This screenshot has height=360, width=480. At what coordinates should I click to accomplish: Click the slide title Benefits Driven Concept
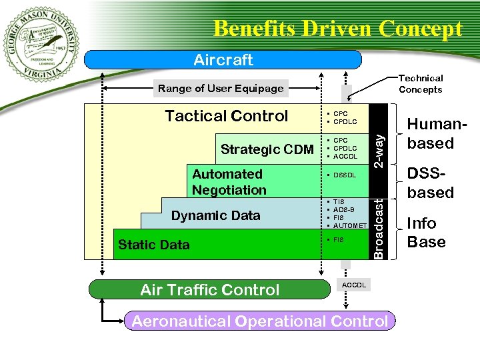point(337,29)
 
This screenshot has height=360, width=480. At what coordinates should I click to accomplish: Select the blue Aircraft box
point(223,60)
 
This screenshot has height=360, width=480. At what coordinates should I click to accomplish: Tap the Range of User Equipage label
point(221,88)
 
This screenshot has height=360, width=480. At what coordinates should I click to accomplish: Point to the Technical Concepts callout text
point(420,84)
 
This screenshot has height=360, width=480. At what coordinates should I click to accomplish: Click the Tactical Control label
point(226,116)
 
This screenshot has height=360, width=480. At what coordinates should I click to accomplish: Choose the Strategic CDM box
point(267,149)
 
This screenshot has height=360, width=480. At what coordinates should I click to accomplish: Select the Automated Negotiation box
point(229,182)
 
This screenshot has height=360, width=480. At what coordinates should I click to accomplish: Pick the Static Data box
point(154,245)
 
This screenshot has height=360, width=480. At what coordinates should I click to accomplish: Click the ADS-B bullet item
point(345,209)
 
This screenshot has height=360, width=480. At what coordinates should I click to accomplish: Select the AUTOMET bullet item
point(349,225)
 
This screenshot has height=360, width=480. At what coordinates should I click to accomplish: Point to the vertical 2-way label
point(378,151)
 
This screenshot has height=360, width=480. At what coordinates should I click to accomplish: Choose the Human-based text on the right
point(430,133)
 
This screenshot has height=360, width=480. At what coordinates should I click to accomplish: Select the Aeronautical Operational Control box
point(259,321)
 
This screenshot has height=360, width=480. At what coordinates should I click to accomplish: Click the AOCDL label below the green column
point(353,284)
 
